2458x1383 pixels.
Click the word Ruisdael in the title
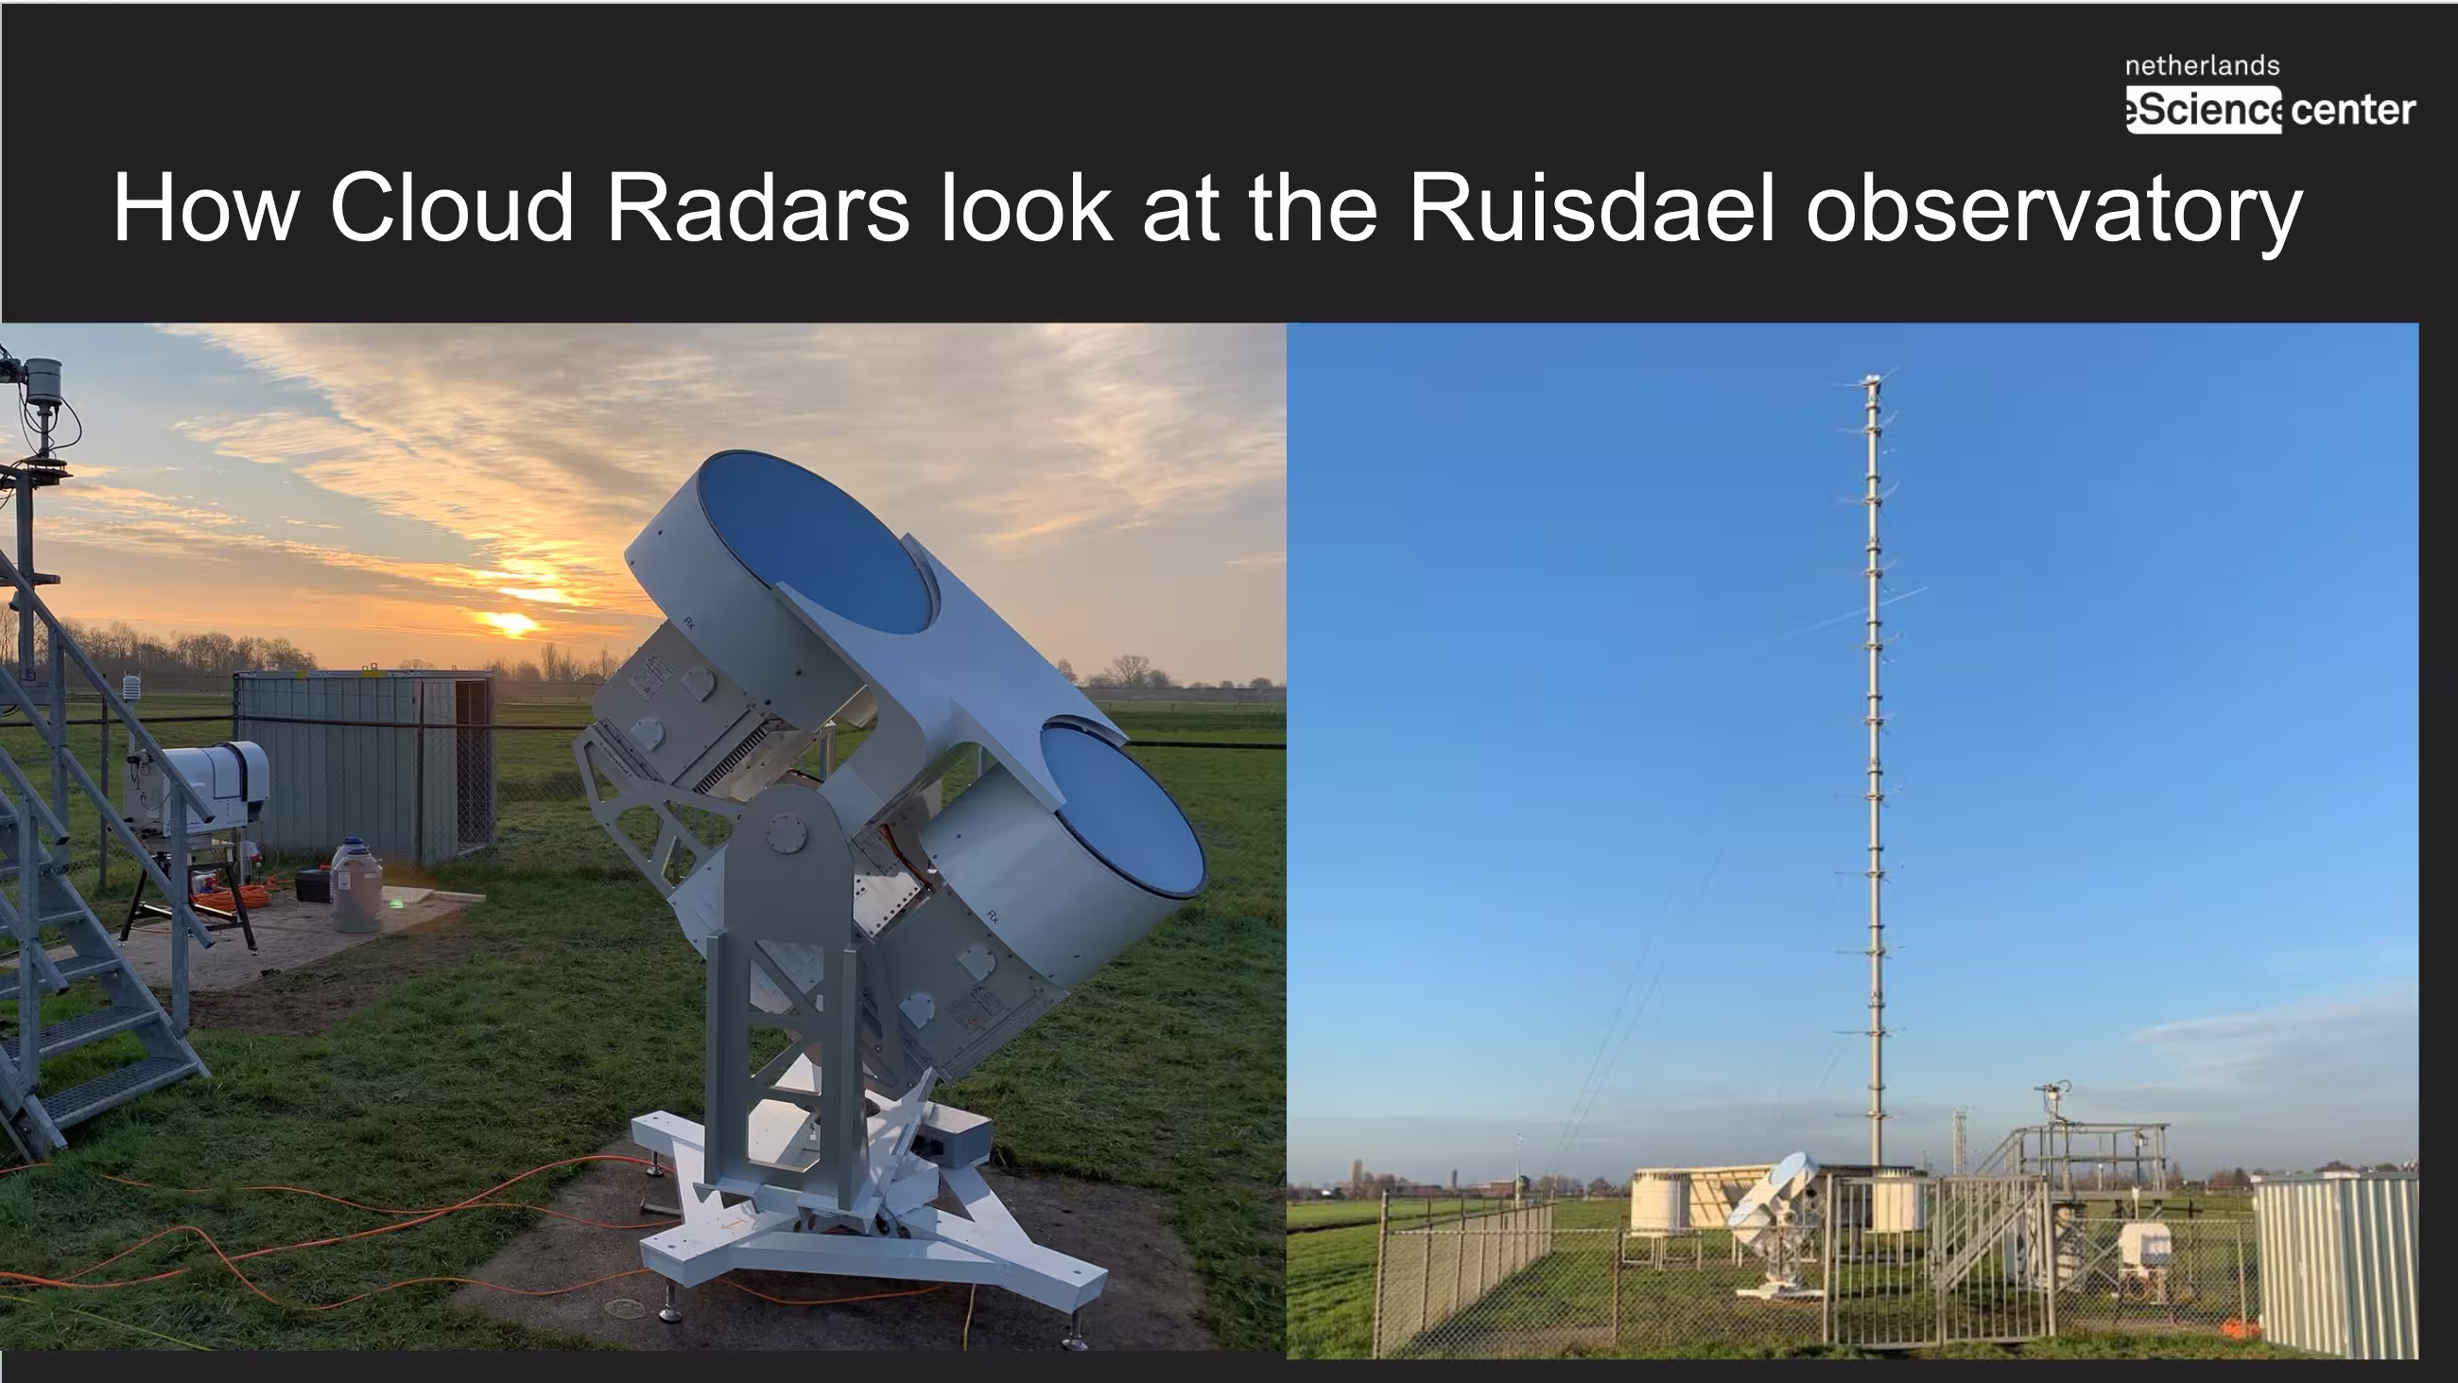pos(1591,207)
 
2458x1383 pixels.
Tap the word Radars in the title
pos(756,207)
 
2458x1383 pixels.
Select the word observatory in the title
pos(2054,211)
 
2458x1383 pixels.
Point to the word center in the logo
pos(2353,110)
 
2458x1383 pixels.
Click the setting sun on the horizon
pos(511,623)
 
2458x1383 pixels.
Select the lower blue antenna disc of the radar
pos(1122,810)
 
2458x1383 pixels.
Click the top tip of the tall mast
pos(1873,378)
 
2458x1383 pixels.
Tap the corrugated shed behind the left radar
pos(365,763)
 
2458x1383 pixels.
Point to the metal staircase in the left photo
pos(91,859)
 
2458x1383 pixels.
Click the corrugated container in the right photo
pos(2335,1264)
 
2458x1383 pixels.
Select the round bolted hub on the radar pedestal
pos(788,832)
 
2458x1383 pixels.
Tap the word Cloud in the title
pos(451,207)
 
